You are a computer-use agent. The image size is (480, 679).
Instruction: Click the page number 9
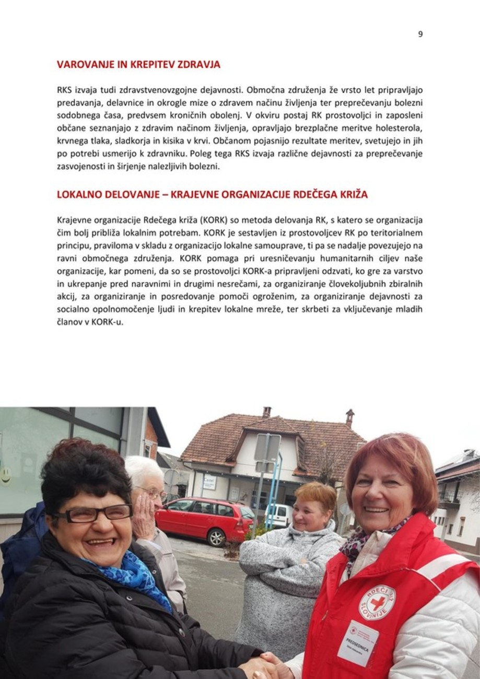(x=420, y=34)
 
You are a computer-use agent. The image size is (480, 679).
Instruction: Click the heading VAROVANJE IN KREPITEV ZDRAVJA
(x=138, y=65)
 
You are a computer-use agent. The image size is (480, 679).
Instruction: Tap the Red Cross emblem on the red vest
(x=377, y=602)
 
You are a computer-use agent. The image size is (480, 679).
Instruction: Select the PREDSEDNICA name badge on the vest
(x=358, y=642)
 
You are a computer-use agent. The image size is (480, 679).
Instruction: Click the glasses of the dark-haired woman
(x=94, y=513)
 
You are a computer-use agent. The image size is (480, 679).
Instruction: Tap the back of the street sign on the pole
(x=267, y=448)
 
